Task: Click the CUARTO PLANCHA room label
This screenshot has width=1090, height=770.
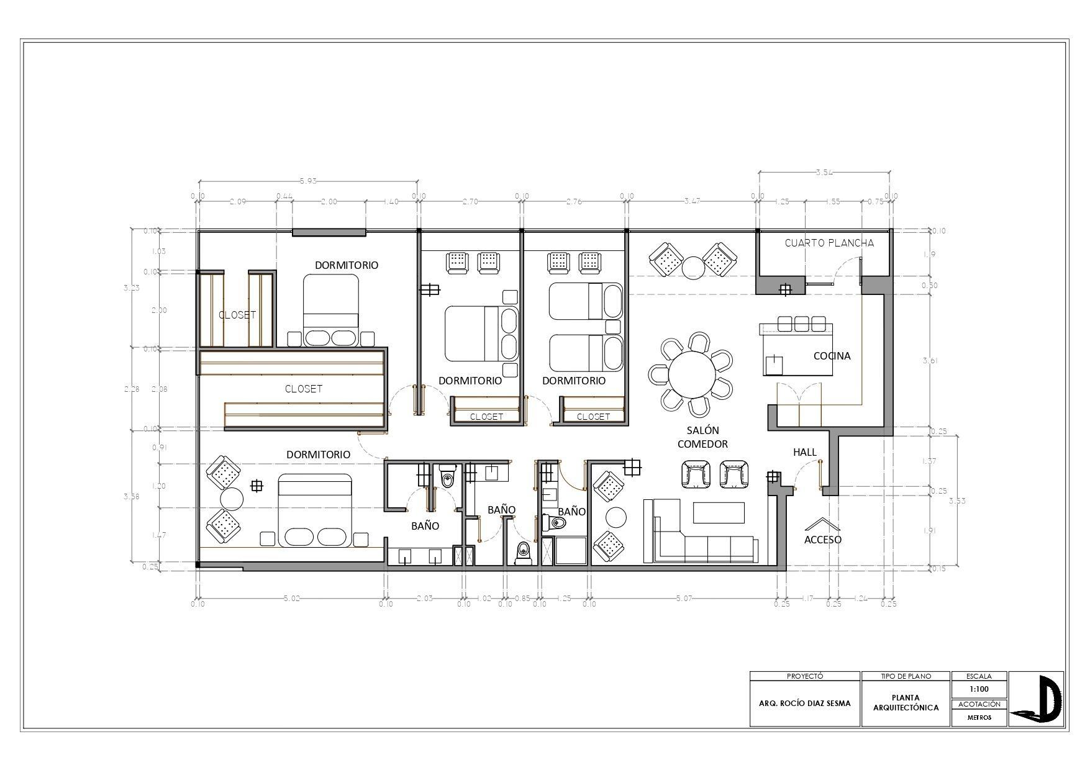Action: coord(829,243)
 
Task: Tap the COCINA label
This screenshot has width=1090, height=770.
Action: coord(832,356)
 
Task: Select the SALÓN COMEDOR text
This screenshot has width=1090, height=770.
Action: coord(702,437)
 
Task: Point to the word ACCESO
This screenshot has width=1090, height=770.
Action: coord(822,540)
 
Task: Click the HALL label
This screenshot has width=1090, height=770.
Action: coord(804,452)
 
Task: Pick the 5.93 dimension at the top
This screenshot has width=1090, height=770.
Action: coord(308,181)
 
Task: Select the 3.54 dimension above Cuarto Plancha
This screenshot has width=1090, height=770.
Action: coord(824,173)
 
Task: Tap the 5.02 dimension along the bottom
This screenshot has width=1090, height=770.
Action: coord(291,599)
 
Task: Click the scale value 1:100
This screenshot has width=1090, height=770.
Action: coord(979,689)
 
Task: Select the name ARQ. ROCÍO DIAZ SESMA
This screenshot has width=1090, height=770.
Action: coord(805,704)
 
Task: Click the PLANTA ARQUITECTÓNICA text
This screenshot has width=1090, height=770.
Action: coord(906,703)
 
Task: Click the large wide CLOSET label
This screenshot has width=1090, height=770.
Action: coord(303,389)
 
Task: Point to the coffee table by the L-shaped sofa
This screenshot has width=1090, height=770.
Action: coord(719,513)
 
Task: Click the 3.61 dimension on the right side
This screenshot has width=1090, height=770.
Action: coord(929,361)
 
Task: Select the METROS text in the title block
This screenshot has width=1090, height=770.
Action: coord(979,717)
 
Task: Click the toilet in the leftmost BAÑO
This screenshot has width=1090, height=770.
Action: coord(447,478)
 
